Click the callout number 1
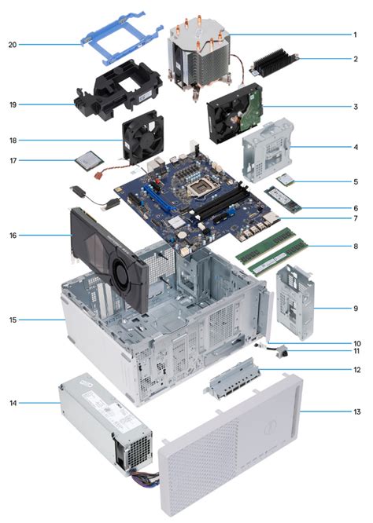click(355, 34)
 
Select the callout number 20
click(13, 44)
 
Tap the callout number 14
click(13, 403)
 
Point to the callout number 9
click(355, 309)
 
